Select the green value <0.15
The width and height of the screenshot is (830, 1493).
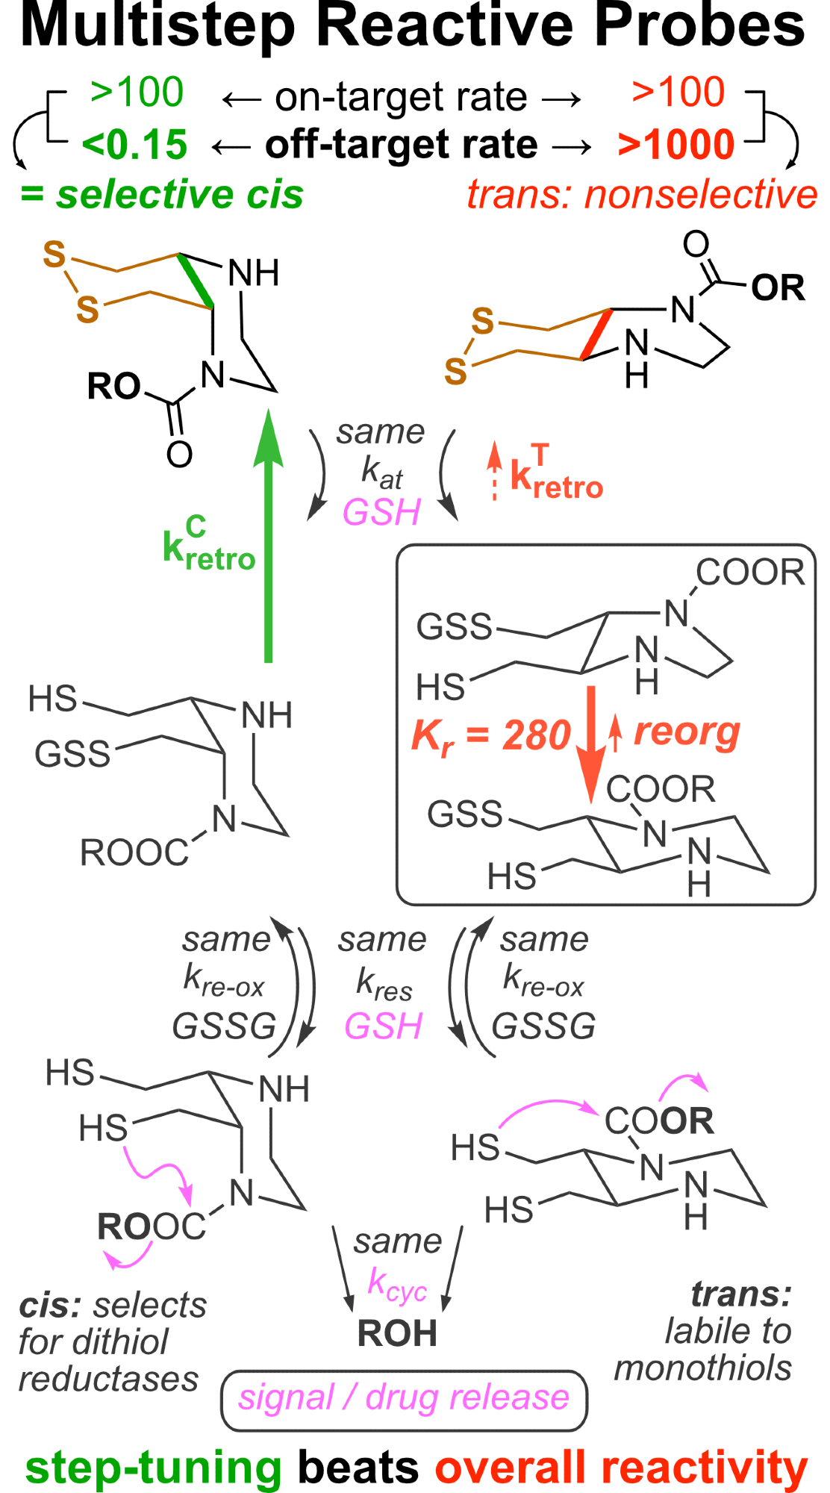(x=134, y=145)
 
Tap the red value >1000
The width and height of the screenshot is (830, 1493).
(x=676, y=145)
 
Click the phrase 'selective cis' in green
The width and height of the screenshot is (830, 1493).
(x=179, y=195)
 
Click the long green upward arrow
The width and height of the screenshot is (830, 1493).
(x=268, y=537)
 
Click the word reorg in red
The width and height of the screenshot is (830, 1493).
(x=687, y=732)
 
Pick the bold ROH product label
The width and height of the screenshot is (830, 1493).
(x=397, y=1333)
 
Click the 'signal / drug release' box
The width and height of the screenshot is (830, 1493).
(x=404, y=1400)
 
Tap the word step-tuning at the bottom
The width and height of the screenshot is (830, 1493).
(x=153, y=1467)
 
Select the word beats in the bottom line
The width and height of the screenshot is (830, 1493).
(x=358, y=1467)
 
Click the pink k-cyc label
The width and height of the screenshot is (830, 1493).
(x=397, y=1285)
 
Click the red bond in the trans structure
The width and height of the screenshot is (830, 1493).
(x=597, y=334)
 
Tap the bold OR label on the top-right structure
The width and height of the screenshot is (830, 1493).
(x=778, y=288)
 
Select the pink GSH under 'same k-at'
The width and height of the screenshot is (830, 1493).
(x=381, y=513)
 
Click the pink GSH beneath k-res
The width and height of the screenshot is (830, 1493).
(x=383, y=1026)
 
